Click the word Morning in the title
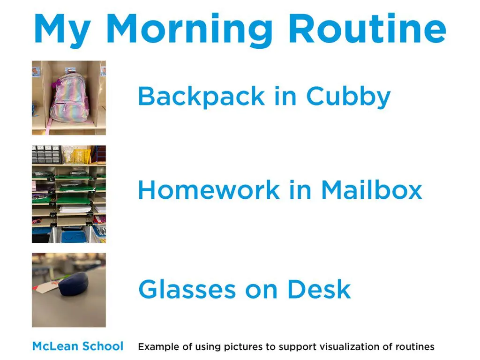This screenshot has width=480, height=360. tap(189, 30)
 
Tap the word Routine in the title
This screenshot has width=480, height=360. tap(367, 28)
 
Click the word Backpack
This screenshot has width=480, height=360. tap(201, 97)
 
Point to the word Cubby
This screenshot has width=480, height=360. tap(348, 97)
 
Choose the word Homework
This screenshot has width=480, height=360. tap(209, 190)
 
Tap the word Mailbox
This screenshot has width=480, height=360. tap(372, 190)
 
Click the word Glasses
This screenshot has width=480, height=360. tap(187, 289)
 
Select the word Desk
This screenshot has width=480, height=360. tap(319, 289)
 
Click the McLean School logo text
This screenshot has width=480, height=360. tap(78, 346)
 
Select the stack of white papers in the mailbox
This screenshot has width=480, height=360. tap(75, 210)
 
